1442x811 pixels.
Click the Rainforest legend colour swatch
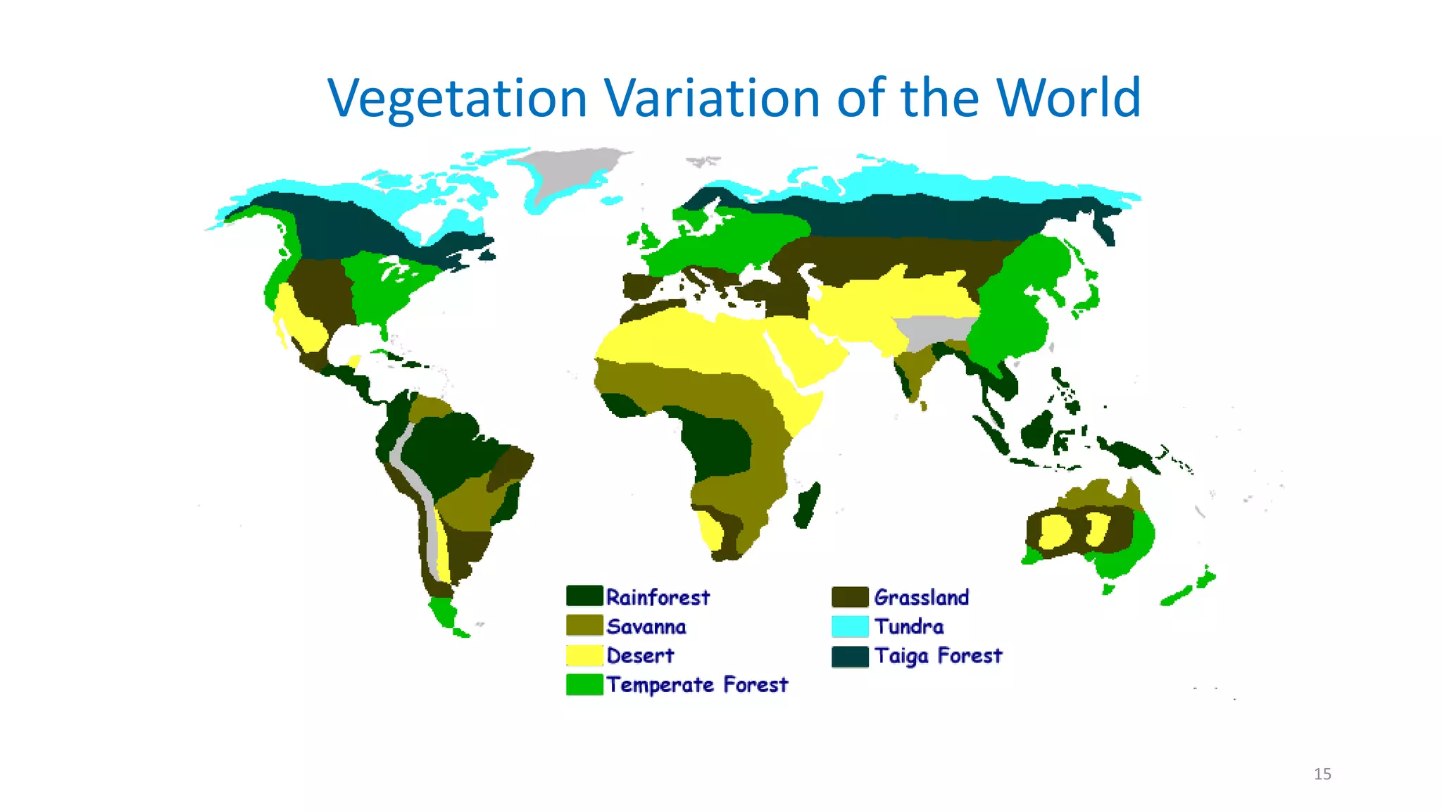584,596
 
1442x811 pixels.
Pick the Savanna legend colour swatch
584,626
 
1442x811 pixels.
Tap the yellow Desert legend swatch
584,655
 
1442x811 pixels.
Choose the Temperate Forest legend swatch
584,684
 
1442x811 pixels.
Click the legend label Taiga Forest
938,656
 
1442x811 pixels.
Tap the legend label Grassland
921,598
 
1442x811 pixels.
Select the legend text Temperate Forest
697,685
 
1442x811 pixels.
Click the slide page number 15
1322,774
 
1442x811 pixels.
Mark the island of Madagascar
808,505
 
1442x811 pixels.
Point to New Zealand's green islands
1190,589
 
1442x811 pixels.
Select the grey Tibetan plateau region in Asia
933,331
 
